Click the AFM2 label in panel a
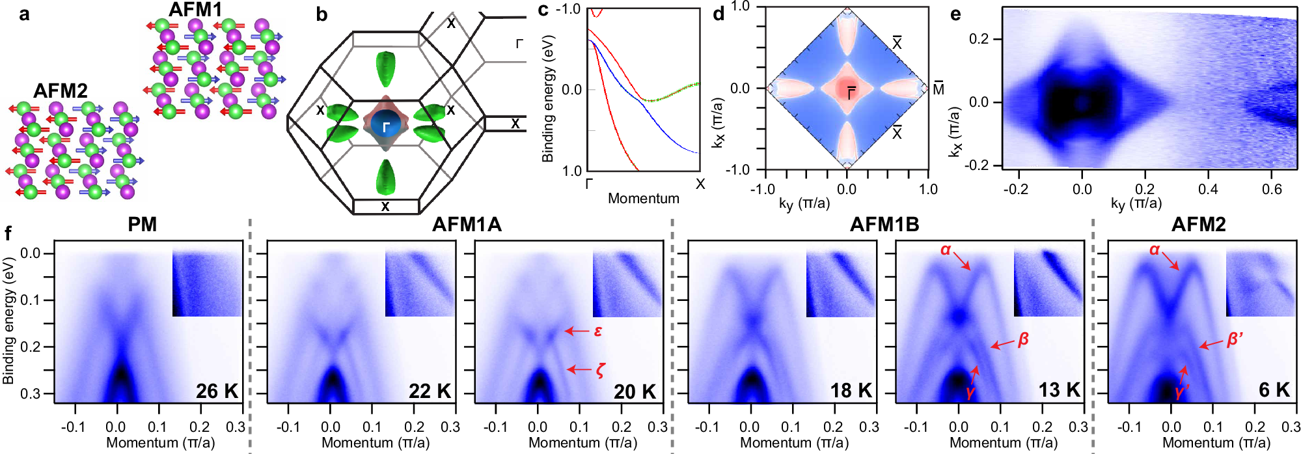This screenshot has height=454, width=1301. (x=60, y=91)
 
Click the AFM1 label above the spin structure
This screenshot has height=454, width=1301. (x=195, y=10)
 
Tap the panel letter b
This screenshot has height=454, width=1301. (x=322, y=14)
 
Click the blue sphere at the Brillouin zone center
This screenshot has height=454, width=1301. (x=386, y=126)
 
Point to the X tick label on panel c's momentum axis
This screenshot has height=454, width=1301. (x=700, y=184)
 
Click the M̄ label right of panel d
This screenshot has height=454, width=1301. (x=938, y=88)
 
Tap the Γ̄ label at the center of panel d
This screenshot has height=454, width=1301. (x=851, y=92)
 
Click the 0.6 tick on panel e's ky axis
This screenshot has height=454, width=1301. (x=1271, y=190)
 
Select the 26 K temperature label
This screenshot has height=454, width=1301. (x=217, y=391)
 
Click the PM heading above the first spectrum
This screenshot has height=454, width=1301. (x=142, y=225)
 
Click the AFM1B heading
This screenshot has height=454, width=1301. (x=884, y=225)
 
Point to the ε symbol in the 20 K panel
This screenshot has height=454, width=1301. (x=598, y=331)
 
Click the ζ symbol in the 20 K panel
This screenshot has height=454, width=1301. (x=599, y=370)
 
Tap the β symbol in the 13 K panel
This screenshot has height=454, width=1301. (x=1022, y=339)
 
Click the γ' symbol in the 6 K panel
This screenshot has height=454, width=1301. (x=1182, y=391)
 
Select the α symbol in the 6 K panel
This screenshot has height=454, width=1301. (x=1155, y=249)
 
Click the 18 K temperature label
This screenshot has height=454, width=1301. (x=851, y=391)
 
